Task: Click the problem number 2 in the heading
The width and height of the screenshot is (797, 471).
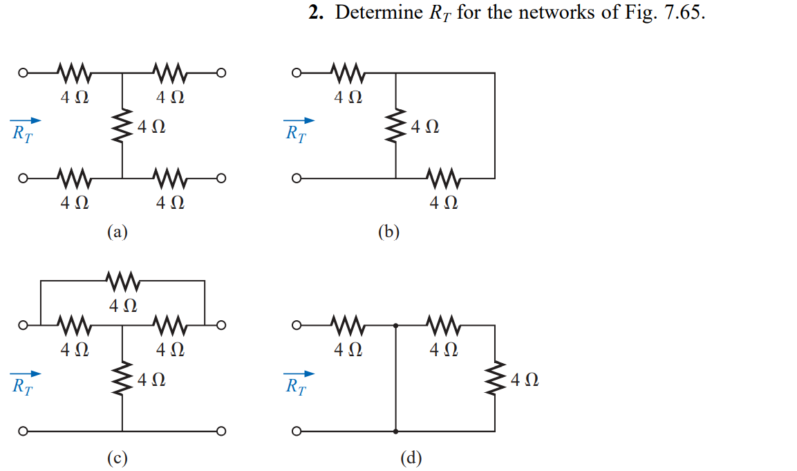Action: pos(316,12)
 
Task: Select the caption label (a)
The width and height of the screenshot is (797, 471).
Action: pos(118,232)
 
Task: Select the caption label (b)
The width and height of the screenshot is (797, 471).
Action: pos(389,232)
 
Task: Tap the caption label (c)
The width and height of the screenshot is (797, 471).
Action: pos(118,459)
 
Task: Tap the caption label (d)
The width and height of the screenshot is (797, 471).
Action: pos(411,459)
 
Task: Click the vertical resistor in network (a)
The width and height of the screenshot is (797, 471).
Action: pos(122,126)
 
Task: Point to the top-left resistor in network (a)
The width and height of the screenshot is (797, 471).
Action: pos(74,73)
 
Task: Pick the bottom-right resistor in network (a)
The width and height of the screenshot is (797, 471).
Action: pos(170,178)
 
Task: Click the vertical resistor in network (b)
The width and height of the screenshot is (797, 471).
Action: pos(395,126)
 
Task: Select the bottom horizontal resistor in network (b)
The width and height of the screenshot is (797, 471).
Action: pos(444,178)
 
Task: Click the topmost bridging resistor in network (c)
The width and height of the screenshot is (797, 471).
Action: pos(122,280)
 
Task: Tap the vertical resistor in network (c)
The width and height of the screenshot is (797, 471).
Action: pos(122,379)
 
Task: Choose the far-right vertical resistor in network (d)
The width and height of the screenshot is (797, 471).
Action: pos(495,379)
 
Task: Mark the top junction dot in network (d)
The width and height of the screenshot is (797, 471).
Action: pos(396,325)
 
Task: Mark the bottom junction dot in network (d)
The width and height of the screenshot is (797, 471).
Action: pos(396,432)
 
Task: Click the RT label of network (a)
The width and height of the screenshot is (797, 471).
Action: pos(22,133)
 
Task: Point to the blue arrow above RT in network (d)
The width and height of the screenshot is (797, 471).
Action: pos(299,374)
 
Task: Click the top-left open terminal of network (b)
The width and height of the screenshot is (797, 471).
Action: pos(297,73)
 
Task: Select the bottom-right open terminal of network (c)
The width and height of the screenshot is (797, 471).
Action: pos(221,432)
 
